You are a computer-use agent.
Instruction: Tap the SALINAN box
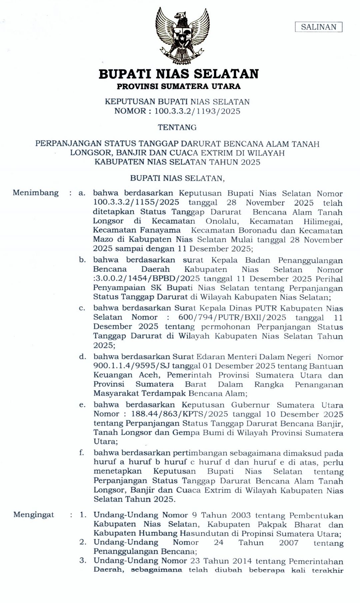319,27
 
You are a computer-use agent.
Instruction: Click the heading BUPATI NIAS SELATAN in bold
179,74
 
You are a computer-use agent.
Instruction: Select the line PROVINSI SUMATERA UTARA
179,86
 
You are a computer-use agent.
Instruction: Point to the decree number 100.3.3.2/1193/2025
197,111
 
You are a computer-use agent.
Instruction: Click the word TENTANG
177,127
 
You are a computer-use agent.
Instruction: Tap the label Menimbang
36,193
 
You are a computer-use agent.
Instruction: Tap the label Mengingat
34,515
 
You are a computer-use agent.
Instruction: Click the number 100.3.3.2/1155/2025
136,202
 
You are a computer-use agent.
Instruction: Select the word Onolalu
222,221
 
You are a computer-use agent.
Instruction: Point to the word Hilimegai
323,221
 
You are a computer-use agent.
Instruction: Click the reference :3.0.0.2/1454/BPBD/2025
146,278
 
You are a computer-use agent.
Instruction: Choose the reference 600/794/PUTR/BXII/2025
232,318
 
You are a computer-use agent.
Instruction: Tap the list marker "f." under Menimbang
82,453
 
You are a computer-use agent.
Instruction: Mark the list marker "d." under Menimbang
82,357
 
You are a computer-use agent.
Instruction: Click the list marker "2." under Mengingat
83,542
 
